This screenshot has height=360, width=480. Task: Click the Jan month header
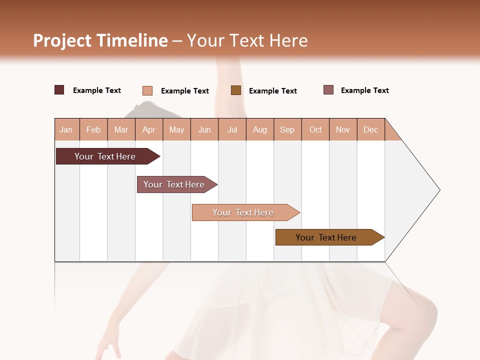66,129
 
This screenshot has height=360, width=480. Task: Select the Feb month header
93,129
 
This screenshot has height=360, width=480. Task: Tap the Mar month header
121,129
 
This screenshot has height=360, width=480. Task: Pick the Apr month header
149,129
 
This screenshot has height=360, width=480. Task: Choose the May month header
176,129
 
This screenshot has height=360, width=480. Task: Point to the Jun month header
204,129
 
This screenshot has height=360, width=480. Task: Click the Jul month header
232,129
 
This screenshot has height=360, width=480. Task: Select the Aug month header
260,129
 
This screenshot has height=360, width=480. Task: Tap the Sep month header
287,129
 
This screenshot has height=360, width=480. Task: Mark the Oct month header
315,129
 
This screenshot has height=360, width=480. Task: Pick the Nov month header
343,129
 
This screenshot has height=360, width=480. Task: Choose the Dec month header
371,129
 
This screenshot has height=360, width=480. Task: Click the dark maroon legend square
59,90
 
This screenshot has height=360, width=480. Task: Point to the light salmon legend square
147,90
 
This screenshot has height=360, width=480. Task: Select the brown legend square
236,90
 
